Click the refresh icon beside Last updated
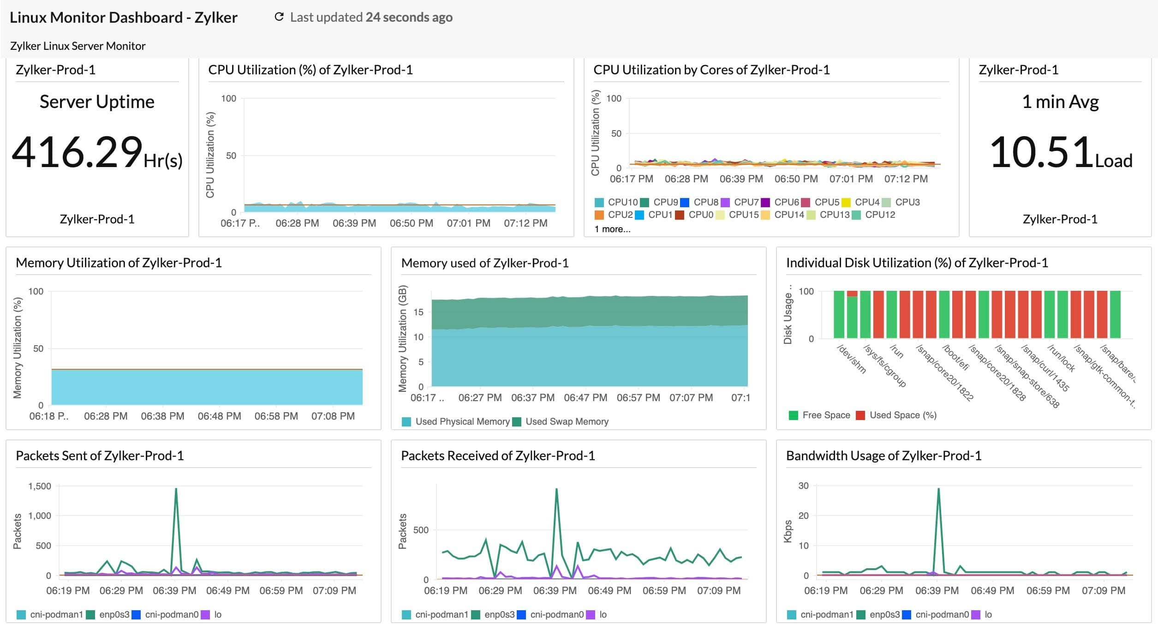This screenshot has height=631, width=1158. tap(279, 17)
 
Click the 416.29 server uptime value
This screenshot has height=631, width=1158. tap(77, 152)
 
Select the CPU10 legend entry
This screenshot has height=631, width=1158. tap(617, 202)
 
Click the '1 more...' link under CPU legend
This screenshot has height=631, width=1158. tap(612, 229)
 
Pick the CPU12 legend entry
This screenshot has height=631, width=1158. tap(874, 215)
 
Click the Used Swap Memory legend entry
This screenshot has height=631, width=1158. tap(561, 421)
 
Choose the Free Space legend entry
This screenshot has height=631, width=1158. tap(820, 415)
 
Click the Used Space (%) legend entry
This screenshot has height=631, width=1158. tap(896, 415)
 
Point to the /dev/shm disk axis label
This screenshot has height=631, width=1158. tap(851, 359)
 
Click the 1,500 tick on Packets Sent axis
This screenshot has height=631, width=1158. tap(40, 486)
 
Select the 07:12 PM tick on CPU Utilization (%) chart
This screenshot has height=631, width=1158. tap(525, 223)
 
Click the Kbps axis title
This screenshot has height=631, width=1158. tap(788, 531)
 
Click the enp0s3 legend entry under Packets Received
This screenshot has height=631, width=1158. tap(494, 614)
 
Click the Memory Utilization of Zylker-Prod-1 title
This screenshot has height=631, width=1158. tap(119, 263)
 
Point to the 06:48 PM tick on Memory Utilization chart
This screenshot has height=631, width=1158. tap(219, 416)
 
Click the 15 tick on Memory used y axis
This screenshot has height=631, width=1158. tap(418, 312)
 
